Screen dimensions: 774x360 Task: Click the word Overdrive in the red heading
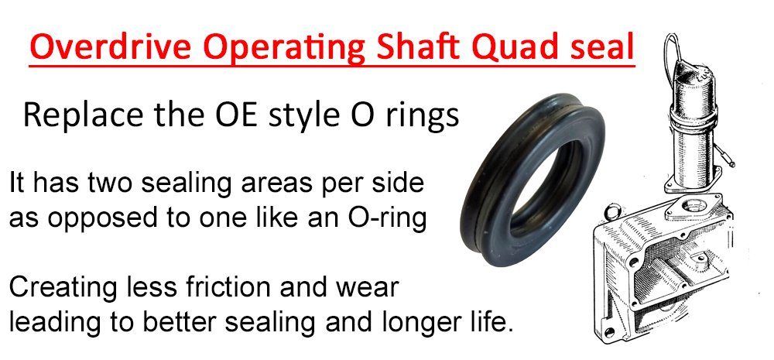pyautogui.click(x=111, y=47)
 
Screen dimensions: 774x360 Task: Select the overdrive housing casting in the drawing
pyautogui.click(x=662, y=266)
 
